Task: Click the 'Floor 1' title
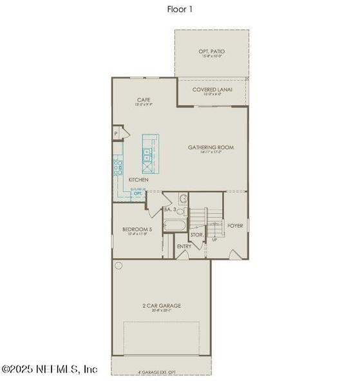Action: (180, 9)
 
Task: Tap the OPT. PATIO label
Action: (211, 51)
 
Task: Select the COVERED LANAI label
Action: (213, 89)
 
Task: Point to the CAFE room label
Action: (144, 100)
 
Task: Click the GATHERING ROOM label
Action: (211, 147)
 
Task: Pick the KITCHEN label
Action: (138, 179)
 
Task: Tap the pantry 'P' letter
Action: (116, 133)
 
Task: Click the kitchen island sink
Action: (147, 154)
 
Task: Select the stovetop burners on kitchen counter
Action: (118, 169)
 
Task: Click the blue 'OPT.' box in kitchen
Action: (138, 193)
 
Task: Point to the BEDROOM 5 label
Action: (137, 229)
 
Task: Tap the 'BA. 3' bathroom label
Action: (170, 209)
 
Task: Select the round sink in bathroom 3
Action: (182, 199)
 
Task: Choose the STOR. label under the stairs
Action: (197, 235)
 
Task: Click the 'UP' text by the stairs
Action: (215, 239)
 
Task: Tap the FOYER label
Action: (234, 225)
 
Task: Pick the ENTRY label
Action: (184, 246)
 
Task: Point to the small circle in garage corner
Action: (118, 265)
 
